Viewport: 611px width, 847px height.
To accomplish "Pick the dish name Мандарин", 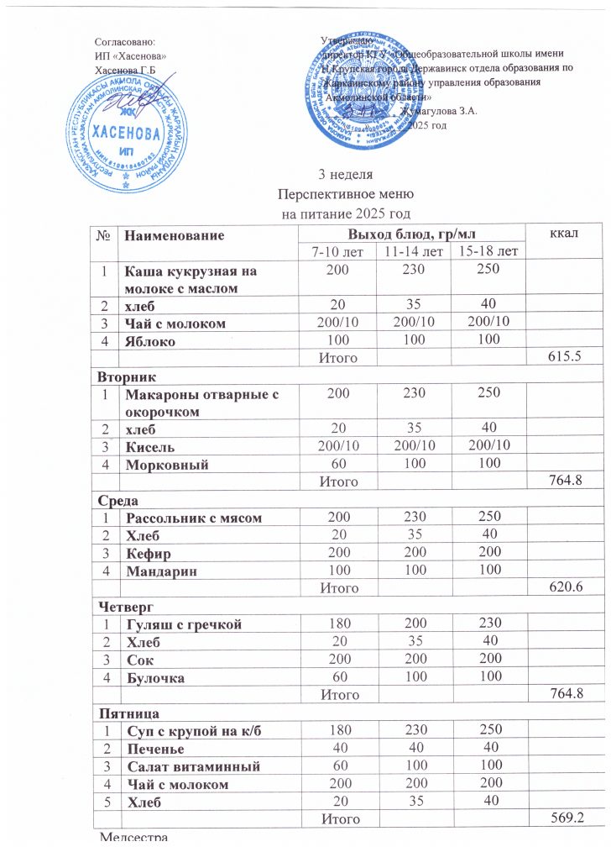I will tap(161, 571).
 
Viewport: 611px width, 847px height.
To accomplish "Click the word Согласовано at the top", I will tap(125, 40).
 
